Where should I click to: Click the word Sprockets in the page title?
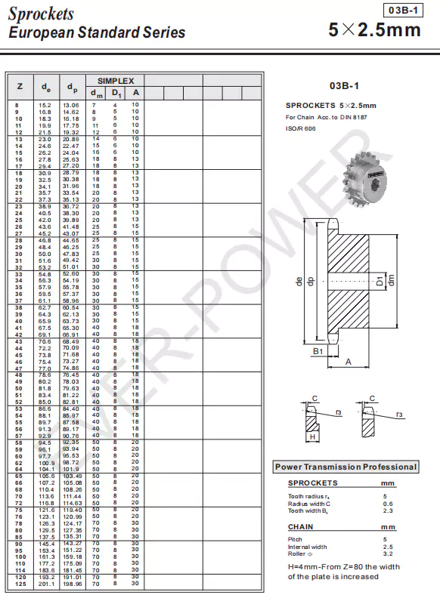tap(41, 14)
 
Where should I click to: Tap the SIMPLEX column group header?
tap(115, 80)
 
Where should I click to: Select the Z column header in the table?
tap(19, 86)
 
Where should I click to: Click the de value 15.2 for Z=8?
tap(45, 105)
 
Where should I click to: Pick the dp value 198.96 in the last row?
tap(71, 584)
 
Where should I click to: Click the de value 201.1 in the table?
tap(45, 584)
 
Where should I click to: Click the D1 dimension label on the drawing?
tap(380, 282)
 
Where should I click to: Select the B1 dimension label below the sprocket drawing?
tap(318, 351)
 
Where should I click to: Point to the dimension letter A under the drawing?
tap(349, 362)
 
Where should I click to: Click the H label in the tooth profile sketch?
tap(311, 436)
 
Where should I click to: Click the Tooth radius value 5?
tap(384, 496)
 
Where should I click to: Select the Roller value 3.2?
tap(387, 553)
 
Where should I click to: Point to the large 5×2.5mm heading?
tap(375, 31)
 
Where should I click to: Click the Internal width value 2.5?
tap(387, 547)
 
